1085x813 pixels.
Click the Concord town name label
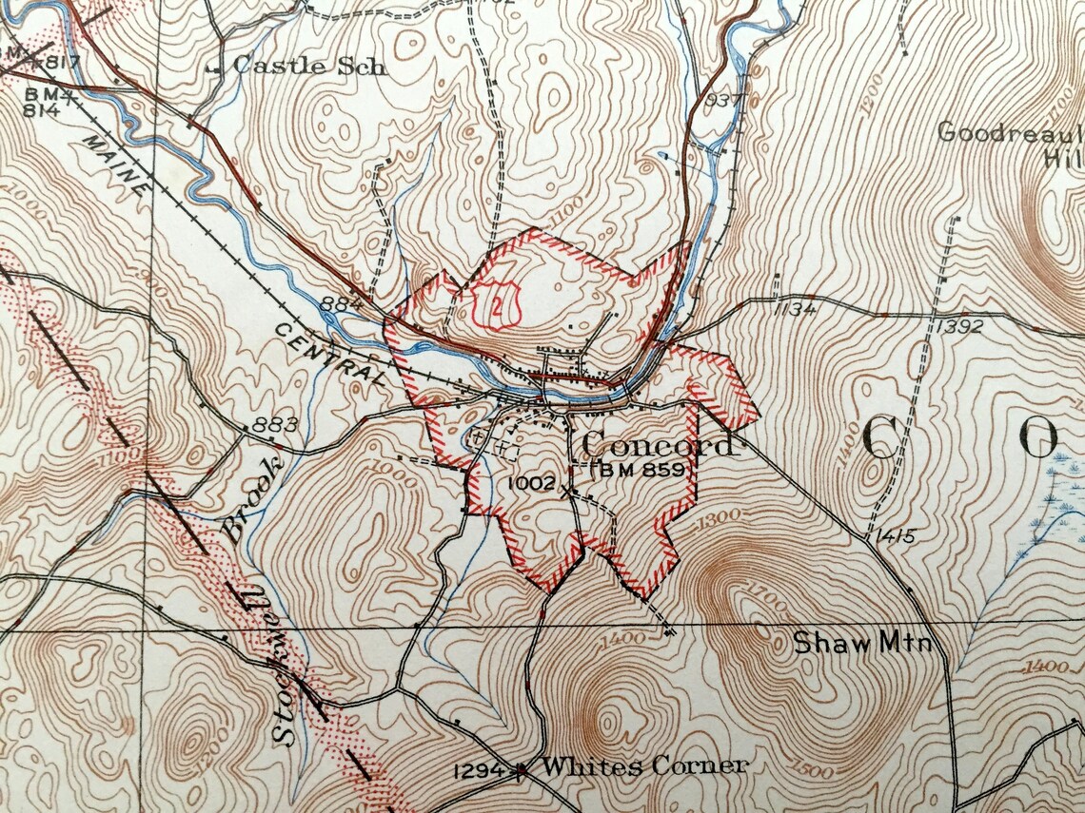(657, 444)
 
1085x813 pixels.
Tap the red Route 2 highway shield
(497, 304)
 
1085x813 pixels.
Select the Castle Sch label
(309, 66)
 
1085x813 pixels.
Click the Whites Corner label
(645, 765)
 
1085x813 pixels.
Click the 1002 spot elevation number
(531, 483)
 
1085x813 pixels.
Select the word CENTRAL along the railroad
(332, 354)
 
